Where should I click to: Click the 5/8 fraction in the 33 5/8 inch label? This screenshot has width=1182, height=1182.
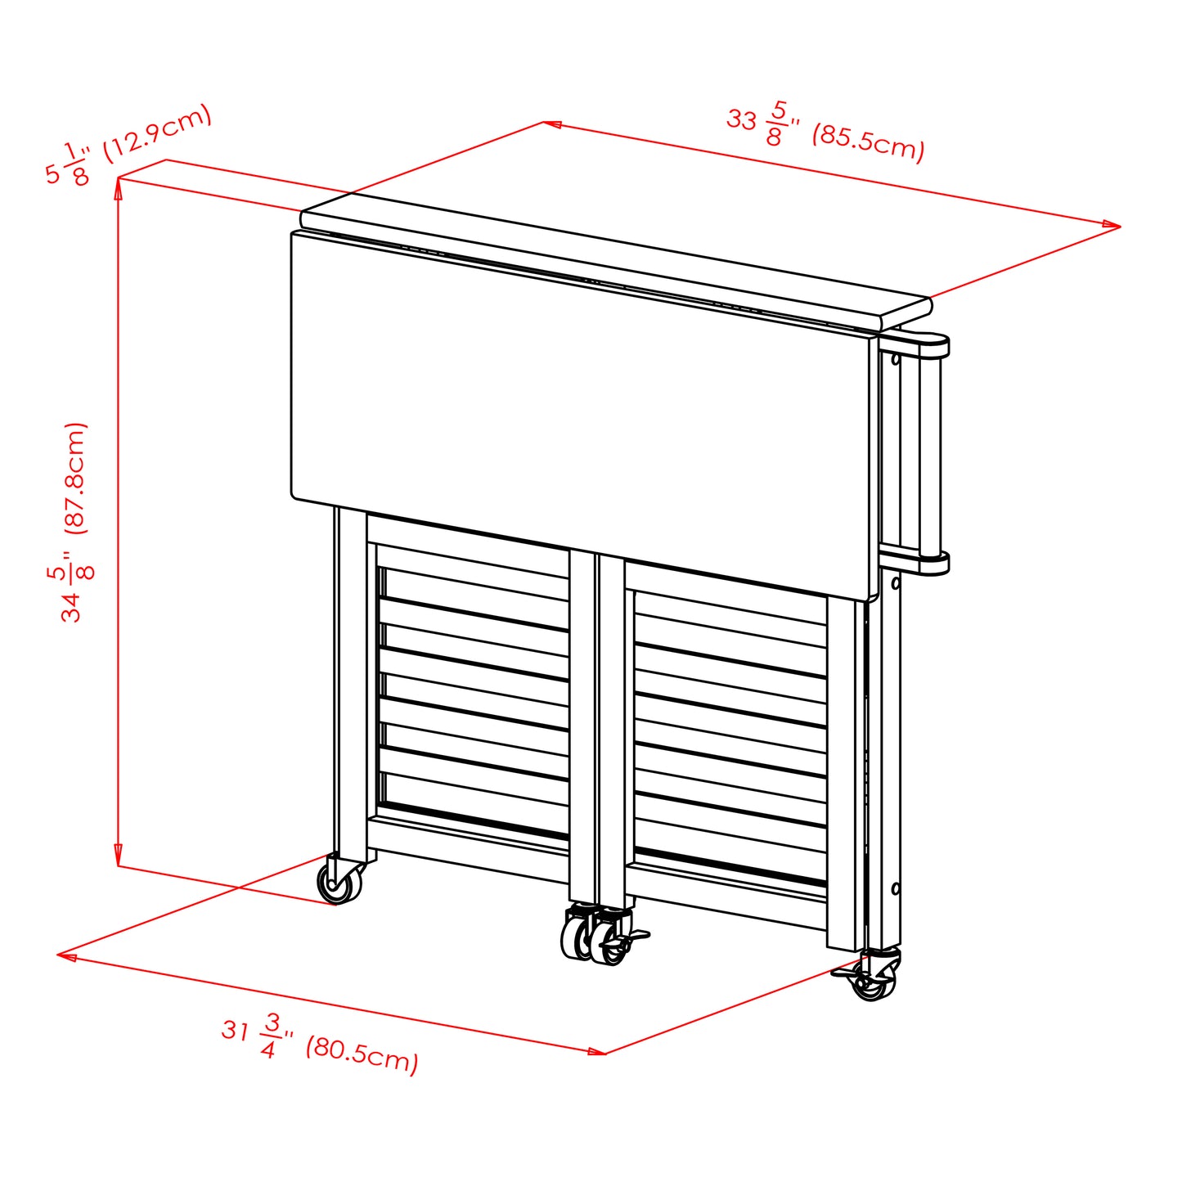776,124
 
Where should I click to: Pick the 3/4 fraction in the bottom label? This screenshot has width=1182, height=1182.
271,1035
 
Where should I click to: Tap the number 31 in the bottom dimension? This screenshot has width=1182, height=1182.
235,1029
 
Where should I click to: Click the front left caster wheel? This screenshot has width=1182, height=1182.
337,882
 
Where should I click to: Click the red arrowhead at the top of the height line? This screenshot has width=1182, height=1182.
119,187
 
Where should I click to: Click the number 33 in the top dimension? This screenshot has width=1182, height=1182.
741,120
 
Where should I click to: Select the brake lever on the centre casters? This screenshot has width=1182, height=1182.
636,935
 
